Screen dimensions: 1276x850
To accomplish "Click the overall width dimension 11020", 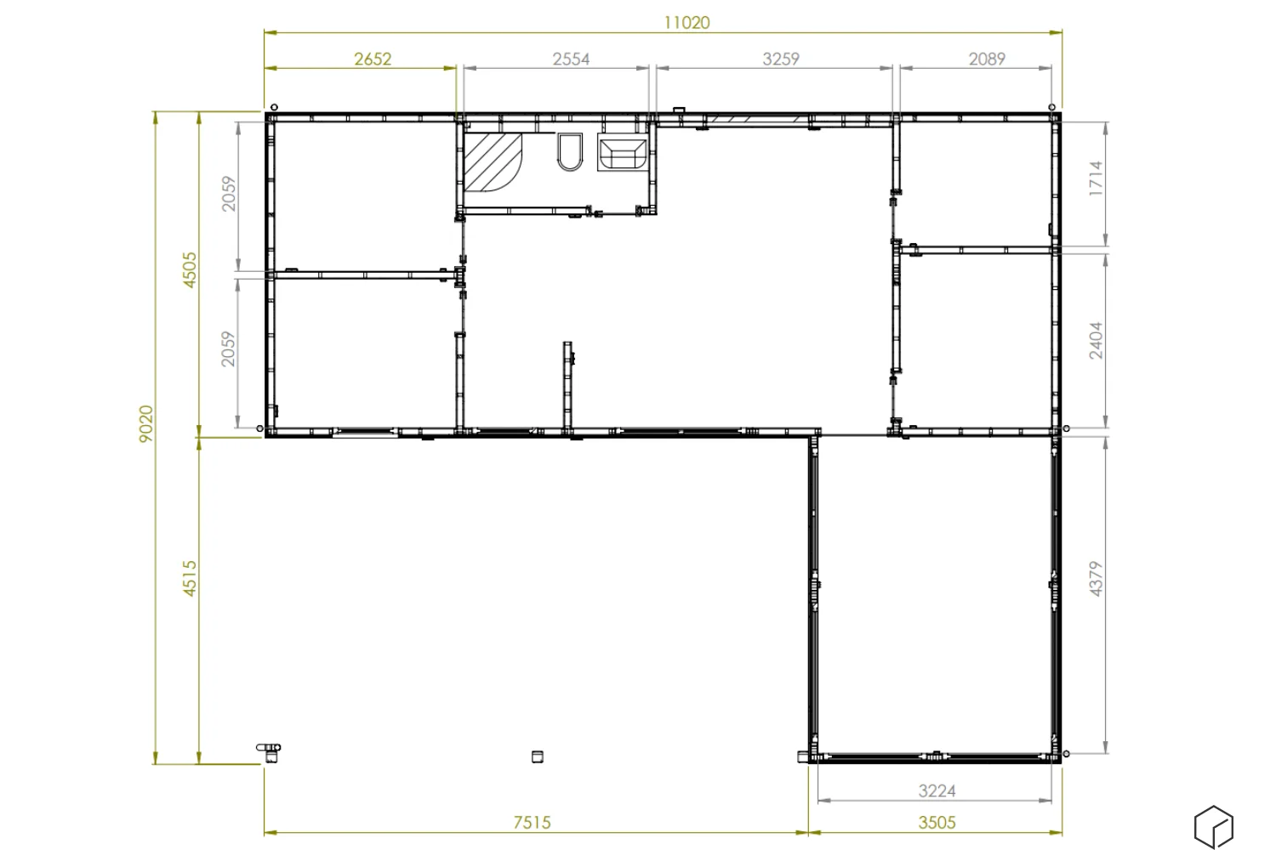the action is [687, 23].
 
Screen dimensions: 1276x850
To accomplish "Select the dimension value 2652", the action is [373, 59].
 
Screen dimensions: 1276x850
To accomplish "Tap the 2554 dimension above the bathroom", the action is [571, 59].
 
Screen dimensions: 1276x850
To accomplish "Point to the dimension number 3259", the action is [781, 59].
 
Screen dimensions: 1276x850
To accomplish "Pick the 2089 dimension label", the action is [987, 59].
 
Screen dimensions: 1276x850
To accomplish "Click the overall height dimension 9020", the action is [146, 423].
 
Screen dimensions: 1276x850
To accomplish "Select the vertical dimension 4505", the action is [189, 269].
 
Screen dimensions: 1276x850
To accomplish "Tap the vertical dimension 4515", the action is [189, 579].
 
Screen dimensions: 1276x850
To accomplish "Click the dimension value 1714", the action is [1096, 178].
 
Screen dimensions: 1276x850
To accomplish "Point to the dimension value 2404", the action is [1096, 341].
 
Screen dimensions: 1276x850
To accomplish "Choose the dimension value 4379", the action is [1096, 579].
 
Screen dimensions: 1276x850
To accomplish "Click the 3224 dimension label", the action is [937, 790].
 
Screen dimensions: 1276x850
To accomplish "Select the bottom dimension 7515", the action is [532, 823].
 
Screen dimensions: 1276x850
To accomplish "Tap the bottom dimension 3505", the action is [937, 823].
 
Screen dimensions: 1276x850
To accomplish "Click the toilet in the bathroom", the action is [570, 152].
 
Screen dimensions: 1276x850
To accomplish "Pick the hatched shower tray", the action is [493, 162].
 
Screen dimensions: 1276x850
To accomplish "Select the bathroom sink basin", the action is [623, 152].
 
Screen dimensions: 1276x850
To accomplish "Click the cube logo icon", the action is [1214, 827].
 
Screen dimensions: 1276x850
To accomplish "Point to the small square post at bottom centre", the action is [537, 756].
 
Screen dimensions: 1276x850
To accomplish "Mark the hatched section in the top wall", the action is [757, 119].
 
